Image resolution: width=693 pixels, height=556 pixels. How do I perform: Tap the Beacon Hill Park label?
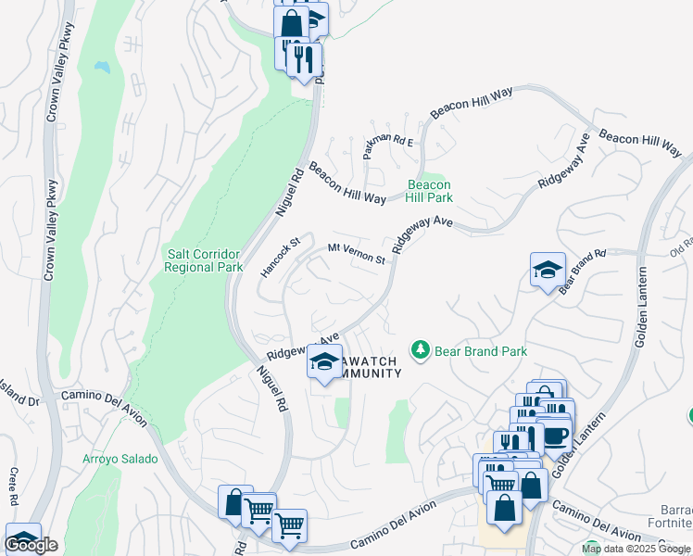tap(430, 191)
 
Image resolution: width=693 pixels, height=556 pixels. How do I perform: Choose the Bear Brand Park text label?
tap(481, 351)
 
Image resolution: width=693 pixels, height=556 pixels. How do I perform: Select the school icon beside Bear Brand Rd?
tap(547, 270)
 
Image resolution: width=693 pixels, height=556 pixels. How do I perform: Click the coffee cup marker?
tap(555, 436)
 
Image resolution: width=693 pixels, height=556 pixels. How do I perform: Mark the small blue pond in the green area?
tap(101, 68)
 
